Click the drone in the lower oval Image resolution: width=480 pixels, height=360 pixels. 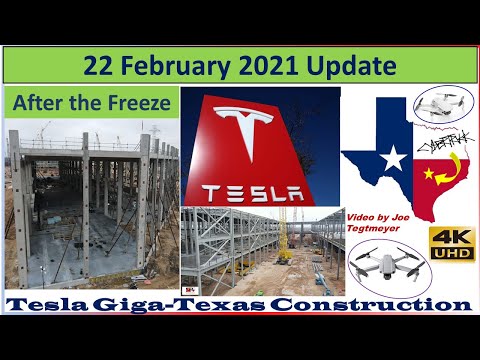click(x=392, y=266)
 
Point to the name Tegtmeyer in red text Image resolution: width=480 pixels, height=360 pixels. click(x=371, y=226)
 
